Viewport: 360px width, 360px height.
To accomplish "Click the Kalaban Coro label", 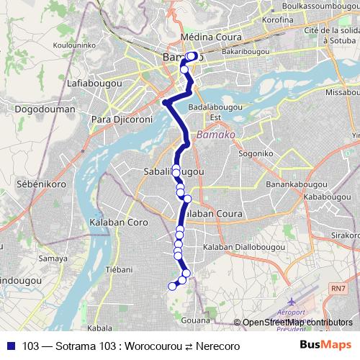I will [118, 223].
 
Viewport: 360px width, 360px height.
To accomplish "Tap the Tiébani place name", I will [120, 270].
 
